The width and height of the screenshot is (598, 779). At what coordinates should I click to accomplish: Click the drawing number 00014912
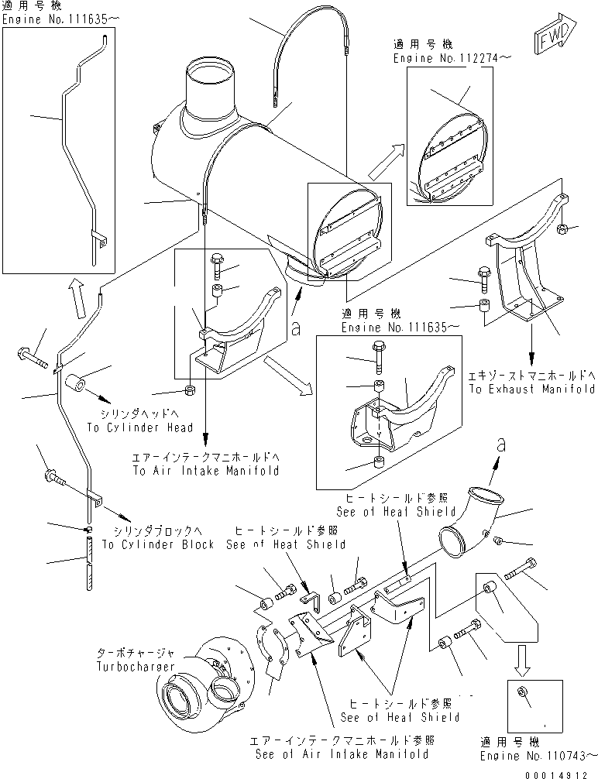point(555,770)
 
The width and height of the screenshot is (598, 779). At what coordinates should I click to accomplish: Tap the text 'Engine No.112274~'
point(442,57)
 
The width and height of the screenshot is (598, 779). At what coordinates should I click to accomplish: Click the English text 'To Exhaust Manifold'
point(531,389)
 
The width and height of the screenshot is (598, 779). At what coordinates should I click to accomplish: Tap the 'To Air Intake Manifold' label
point(205,470)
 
